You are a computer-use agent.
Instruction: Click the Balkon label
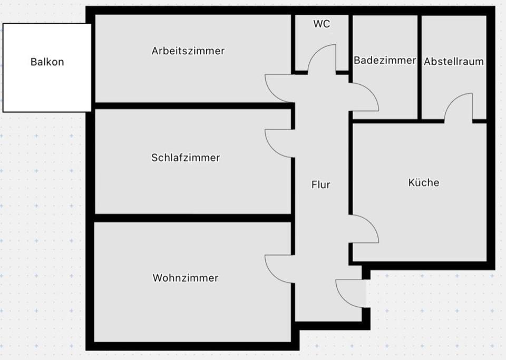(x=47, y=62)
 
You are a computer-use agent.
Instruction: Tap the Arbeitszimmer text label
(x=188, y=51)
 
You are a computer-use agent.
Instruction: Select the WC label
(x=322, y=24)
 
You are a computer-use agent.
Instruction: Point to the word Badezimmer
(x=385, y=61)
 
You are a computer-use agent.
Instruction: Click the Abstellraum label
(x=453, y=61)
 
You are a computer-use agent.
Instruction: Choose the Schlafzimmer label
(x=186, y=158)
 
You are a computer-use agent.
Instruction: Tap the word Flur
(x=321, y=184)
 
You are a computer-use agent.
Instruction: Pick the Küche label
(x=423, y=183)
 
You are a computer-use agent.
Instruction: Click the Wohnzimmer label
(x=186, y=278)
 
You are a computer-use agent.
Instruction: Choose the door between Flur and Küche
(x=365, y=229)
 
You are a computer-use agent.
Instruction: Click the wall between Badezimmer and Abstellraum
(x=420, y=66)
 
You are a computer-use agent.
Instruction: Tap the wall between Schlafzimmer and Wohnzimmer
(x=192, y=218)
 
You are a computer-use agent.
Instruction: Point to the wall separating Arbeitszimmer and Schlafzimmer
(x=192, y=106)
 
